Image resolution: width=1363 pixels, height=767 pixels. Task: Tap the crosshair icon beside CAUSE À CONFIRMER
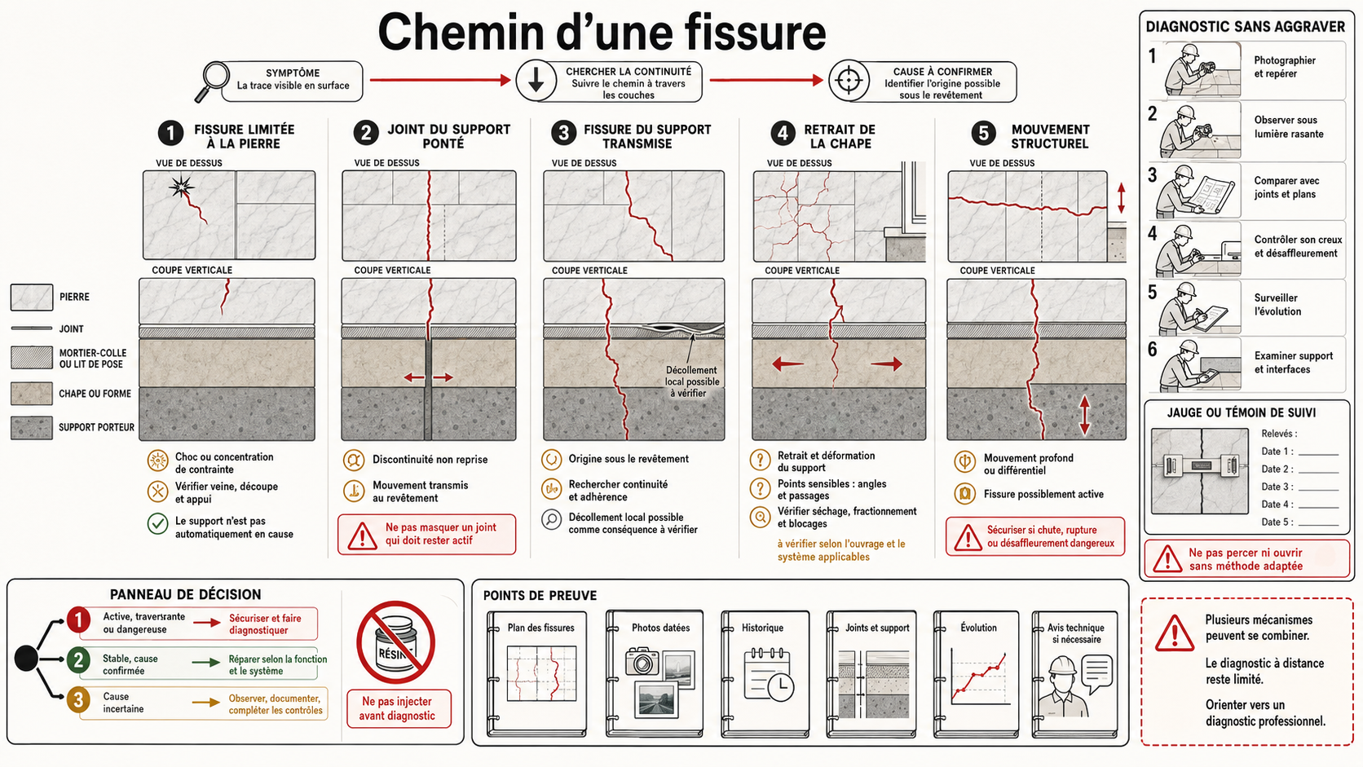click(x=849, y=81)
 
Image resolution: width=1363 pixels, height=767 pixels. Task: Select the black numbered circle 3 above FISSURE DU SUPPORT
click(x=564, y=133)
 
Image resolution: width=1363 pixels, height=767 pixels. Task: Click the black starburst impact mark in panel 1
click(x=181, y=187)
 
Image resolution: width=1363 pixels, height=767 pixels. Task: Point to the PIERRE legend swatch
click(x=32, y=298)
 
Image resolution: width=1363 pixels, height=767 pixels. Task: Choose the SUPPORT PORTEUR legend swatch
click(x=32, y=428)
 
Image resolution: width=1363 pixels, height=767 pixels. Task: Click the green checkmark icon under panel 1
click(x=157, y=523)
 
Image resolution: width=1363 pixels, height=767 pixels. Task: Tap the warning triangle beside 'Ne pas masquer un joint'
click(x=362, y=536)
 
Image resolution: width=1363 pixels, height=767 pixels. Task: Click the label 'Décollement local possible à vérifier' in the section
click(x=692, y=381)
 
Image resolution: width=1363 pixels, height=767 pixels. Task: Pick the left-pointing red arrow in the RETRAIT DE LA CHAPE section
click(x=788, y=364)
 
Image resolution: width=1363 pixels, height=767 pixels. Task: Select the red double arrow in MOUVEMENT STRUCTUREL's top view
click(x=1122, y=198)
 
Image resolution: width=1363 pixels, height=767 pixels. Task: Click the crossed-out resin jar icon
click(x=396, y=642)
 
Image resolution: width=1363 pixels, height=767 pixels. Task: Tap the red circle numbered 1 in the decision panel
click(x=78, y=620)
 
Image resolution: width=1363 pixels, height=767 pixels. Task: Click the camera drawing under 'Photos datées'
click(x=642, y=662)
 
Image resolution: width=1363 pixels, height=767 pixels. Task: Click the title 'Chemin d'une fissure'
click(x=602, y=32)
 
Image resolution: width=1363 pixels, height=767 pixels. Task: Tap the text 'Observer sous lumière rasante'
click(x=1288, y=127)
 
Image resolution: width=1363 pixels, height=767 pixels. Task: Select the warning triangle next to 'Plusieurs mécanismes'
click(x=1174, y=634)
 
